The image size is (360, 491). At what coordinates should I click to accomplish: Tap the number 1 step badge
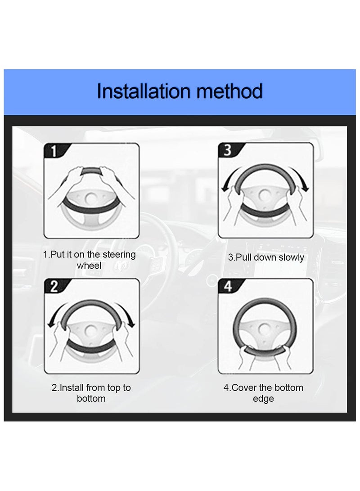(54, 151)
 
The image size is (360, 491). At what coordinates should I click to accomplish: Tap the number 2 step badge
(54, 287)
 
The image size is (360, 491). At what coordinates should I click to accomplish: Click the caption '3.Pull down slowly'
(266, 257)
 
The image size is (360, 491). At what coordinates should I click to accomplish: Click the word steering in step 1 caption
(118, 255)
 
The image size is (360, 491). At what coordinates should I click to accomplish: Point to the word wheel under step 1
(89, 266)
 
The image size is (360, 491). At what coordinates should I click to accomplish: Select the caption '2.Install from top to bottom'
(91, 393)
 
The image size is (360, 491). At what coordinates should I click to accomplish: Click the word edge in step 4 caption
(263, 399)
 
